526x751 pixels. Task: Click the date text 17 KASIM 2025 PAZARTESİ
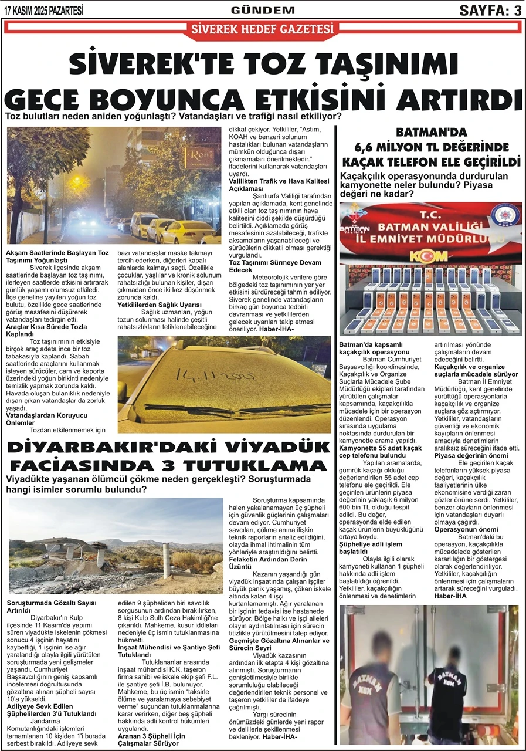coord(43,10)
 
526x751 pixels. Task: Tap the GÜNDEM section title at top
coord(263,10)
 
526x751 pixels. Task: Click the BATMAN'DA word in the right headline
coord(433,133)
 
